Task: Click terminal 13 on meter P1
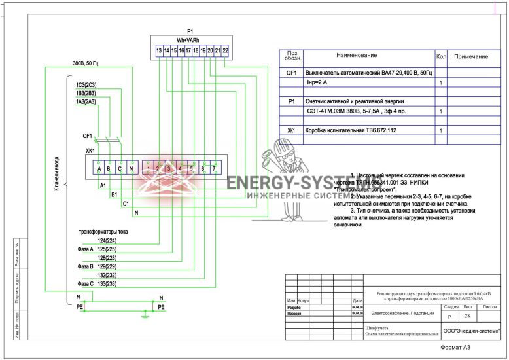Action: click(159, 50)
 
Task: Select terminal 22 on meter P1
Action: click(225, 50)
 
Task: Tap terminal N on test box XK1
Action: click(132, 169)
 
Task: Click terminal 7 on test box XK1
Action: click(213, 169)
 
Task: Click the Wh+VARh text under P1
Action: click(190, 39)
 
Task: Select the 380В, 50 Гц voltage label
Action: click(87, 64)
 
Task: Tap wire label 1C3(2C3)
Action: click(86, 85)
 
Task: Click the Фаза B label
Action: click(86, 266)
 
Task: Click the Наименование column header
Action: click(357, 55)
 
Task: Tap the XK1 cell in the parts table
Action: click(292, 130)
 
